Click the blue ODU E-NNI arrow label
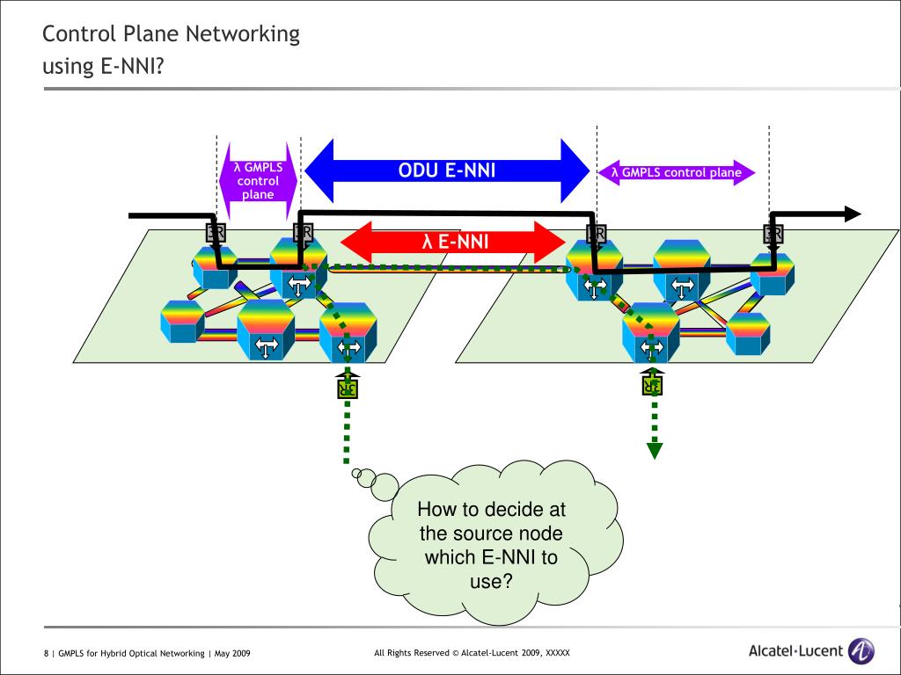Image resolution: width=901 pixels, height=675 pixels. [x=447, y=171]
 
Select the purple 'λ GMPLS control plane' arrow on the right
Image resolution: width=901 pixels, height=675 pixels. [x=676, y=172]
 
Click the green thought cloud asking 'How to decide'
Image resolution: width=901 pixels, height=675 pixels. [x=493, y=546]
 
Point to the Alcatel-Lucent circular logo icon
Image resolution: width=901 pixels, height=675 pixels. [x=861, y=651]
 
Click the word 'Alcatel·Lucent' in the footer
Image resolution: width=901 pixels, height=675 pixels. [x=795, y=651]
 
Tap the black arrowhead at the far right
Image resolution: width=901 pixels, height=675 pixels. [x=852, y=214]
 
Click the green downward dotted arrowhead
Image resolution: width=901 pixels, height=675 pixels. [x=655, y=451]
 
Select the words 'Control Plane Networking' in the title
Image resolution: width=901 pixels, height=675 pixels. [x=172, y=34]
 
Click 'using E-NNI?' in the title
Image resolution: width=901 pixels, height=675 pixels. [x=104, y=67]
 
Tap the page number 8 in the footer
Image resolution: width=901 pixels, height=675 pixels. [x=46, y=653]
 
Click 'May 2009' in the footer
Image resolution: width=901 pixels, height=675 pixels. [x=233, y=653]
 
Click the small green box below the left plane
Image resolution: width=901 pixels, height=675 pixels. [x=348, y=387]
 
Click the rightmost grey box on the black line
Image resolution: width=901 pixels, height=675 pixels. [x=773, y=233]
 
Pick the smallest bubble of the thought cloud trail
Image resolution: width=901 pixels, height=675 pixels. [x=356, y=474]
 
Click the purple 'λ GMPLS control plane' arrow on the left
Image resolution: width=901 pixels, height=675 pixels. [x=258, y=180]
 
